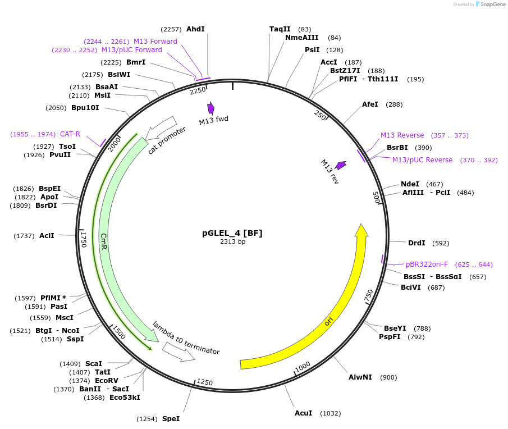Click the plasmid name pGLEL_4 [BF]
click(x=232, y=233)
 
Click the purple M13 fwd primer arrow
click(x=211, y=108)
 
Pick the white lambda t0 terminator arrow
click(x=179, y=352)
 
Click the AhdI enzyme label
click(x=195, y=29)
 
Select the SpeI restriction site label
click(x=171, y=419)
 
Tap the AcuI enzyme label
click(x=304, y=413)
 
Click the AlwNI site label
click(x=360, y=377)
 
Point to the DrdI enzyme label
click(x=417, y=243)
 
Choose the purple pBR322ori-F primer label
click(x=427, y=264)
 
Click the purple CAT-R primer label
click(x=70, y=134)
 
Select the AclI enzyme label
click(x=47, y=236)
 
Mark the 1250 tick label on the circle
click(x=204, y=382)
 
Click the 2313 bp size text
click(x=232, y=242)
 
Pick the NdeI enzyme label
click(x=410, y=184)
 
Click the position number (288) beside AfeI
click(x=394, y=104)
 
